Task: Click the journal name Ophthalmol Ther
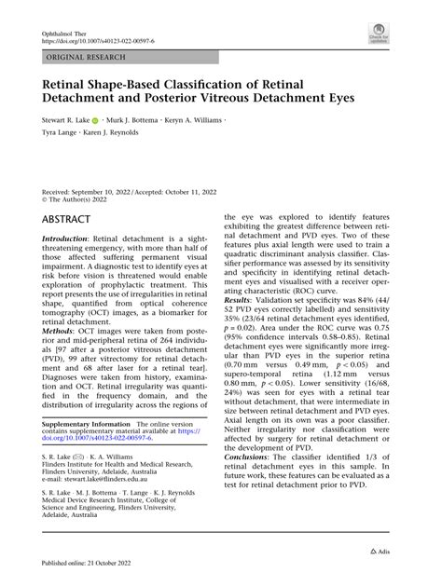[66, 31]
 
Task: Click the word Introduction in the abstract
[65, 239]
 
